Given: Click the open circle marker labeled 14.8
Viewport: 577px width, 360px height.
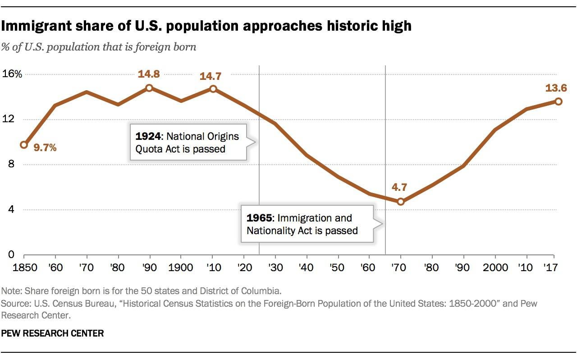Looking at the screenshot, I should [x=149, y=88].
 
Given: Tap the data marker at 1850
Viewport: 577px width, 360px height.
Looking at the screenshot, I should [x=24, y=145].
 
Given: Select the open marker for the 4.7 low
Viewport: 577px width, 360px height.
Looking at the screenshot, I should [x=401, y=202].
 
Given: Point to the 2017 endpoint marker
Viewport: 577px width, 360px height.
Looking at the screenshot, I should [x=559, y=102].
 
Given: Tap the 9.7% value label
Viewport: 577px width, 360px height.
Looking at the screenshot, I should [x=45, y=147].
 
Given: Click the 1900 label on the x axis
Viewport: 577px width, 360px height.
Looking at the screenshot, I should [x=181, y=267].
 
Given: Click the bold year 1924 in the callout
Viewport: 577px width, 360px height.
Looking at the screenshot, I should [x=147, y=136].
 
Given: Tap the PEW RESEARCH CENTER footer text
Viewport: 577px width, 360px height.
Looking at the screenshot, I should [x=53, y=333].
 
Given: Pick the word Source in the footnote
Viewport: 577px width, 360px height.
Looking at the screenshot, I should [x=14, y=303].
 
